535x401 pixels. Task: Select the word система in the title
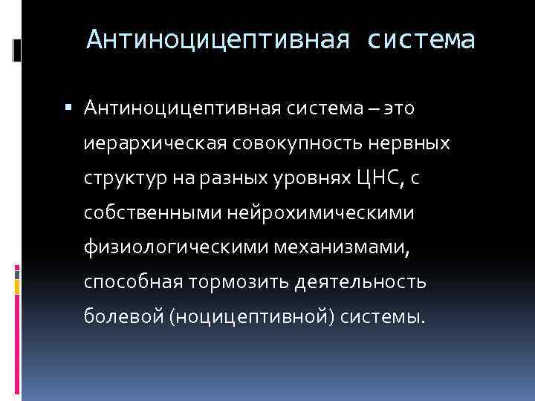pos(421,39)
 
